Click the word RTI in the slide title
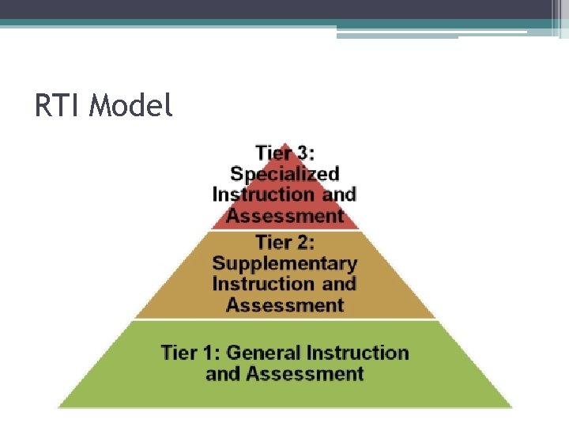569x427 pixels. pyautogui.click(x=58, y=105)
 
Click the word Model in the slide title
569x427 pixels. pyautogui.click(x=130, y=105)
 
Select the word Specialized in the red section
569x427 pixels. pyautogui.click(x=284, y=174)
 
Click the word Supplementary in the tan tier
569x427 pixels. pyautogui.click(x=284, y=263)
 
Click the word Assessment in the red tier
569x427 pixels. pyautogui.click(x=284, y=216)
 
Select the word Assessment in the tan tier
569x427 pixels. pyautogui.click(x=284, y=305)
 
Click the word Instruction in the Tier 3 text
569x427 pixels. pyautogui.click(x=263, y=195)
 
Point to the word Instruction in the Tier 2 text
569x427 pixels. pyautogui.click(x=263, y=284)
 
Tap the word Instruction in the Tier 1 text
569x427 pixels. pyautogui.click(x=358, y=352)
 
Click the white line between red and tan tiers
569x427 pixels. pyautogui.click(x=284, y=230)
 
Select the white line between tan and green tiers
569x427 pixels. pyautogui.click(x=284, y=319)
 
